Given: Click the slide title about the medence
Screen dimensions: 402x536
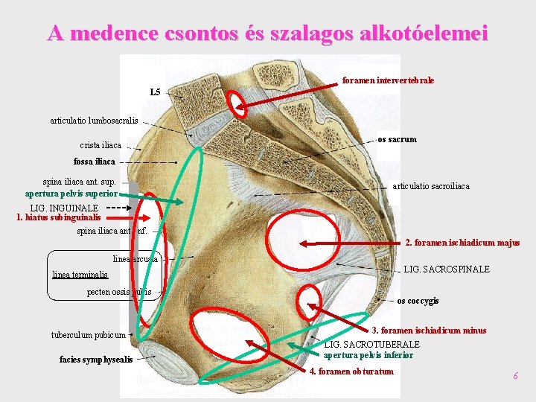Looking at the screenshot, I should pos(267,33).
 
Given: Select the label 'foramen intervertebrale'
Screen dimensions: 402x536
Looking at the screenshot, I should pos(388,80).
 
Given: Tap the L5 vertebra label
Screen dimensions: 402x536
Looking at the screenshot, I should pos(155,93).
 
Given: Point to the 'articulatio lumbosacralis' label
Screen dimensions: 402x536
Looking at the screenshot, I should pos(94,119).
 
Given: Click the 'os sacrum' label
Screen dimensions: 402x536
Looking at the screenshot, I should pos(397,139).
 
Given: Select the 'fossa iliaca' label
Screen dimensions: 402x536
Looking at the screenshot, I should pos(95,162).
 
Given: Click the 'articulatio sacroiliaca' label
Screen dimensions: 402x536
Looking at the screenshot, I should pos(431,186).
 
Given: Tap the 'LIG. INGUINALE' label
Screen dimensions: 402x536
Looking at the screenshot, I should pos(64,208).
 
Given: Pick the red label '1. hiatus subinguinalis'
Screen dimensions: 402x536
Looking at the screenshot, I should pos(58,217).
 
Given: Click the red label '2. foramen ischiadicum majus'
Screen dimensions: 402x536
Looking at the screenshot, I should pos(462,243).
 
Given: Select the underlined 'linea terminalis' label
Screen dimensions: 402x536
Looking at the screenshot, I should pos(80,275).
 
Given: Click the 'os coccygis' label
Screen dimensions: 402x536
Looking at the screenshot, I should pos(418,301).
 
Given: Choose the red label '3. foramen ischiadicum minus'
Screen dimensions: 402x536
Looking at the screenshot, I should pos(429,331).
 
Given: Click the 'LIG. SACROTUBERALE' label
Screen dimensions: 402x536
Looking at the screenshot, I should pos(372,344).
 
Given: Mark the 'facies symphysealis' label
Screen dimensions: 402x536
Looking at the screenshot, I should pos(96,360).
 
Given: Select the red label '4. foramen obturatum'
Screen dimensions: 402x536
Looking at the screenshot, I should pos(351,371).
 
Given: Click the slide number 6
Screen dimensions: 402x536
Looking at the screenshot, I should pos(514,376).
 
